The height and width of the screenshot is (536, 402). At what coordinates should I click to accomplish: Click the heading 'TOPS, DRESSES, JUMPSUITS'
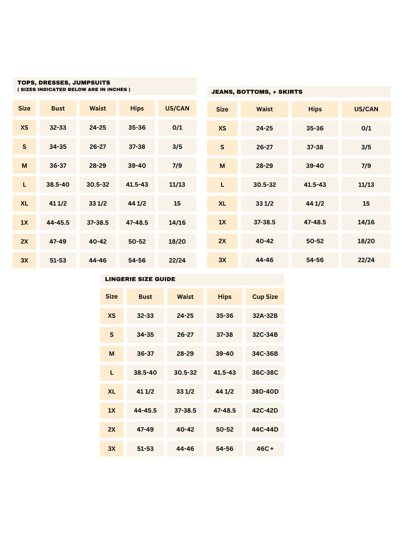pyautogui.click(x=64, y=82)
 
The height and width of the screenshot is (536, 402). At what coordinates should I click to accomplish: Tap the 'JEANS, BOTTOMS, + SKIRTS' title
pyautogui.click(x=257, y=92)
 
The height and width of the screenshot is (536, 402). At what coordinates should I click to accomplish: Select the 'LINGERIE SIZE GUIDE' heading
pyautogui.click(x=140, y=279)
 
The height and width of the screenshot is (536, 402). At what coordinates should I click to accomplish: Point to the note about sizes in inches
pyautogui.click(x=74, y=89)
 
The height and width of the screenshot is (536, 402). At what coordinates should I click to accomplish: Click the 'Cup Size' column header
pyautogui.click(x=265, y=297)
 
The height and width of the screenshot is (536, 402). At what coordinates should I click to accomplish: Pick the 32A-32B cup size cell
pyautogui.click(x=265, y=316)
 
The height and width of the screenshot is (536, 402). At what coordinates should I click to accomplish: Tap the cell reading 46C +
pyautogui.click(x=265, y=448)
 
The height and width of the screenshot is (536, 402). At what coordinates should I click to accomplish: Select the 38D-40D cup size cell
pyautogui.click(x=265, y=391)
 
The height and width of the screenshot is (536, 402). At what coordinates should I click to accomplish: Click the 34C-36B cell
pyautogui.click(x=265, y=353)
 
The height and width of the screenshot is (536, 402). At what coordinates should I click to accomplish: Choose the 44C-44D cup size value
pyautogui.click(x=265, y=429)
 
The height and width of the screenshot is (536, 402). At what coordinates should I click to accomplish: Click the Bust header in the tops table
pyautogui.click(x=58, y=108)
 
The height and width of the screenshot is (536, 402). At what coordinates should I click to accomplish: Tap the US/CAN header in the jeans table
pyautogui.click(x=366, y=109)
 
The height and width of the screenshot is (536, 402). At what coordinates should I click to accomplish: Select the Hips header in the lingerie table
pyautogui.click(x=224, y=297)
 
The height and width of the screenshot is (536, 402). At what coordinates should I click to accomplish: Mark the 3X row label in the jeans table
pyautogui.click(x=222, y=260)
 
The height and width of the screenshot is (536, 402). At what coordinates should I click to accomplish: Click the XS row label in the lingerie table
pyautogui.click(x=112, y=316)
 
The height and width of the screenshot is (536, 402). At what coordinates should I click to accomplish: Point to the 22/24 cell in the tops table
pyautogui.click(x=177, y=260)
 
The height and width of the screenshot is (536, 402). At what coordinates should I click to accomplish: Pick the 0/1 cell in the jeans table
pyautogui.click(x=366, y=128)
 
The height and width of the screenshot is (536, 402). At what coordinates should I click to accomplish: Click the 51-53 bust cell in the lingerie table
pyautogui.click(x=145, y=448)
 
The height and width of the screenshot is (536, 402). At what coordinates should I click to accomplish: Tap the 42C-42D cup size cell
pyautogui.click(x=265, y=410)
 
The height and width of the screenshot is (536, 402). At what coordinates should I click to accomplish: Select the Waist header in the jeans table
pyautogui.click(x=265, y=109)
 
